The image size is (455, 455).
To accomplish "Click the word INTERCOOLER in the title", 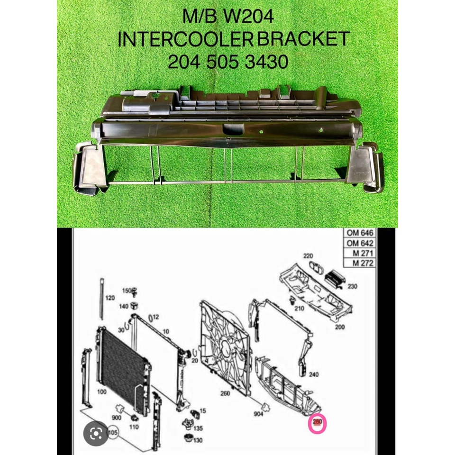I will click(x=185, y=40).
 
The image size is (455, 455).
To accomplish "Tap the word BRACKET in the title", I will click(x=303, y=40).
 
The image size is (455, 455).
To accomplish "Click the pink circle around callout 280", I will click(x=318, y=424).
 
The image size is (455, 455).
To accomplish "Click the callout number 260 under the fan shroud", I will click(x=226, y=393).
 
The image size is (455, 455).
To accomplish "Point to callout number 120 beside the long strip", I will click(x=110, y=298).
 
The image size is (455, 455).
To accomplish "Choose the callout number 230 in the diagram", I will click(x=352, y=286).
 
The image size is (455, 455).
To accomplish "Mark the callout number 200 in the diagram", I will click(x=339, y=327).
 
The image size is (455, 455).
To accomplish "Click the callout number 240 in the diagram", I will click(x=313, y=374).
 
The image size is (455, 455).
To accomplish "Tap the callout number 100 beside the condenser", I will click(x=101, y=392).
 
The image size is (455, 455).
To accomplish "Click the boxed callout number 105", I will click(x=112, y=433).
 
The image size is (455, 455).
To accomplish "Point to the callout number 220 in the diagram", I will click(x=309, y=255).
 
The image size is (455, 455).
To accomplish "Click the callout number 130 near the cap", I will click(x=198, y=440).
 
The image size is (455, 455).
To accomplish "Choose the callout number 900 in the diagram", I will click(x=117, y=417).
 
